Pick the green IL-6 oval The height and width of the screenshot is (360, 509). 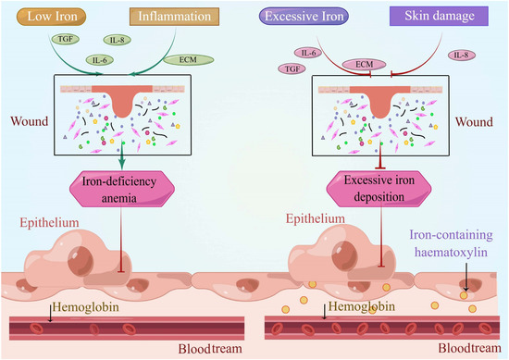pyautogui.click(x=97, y=60)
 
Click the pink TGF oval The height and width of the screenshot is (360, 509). pyautogui.click(x=292, y=69)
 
